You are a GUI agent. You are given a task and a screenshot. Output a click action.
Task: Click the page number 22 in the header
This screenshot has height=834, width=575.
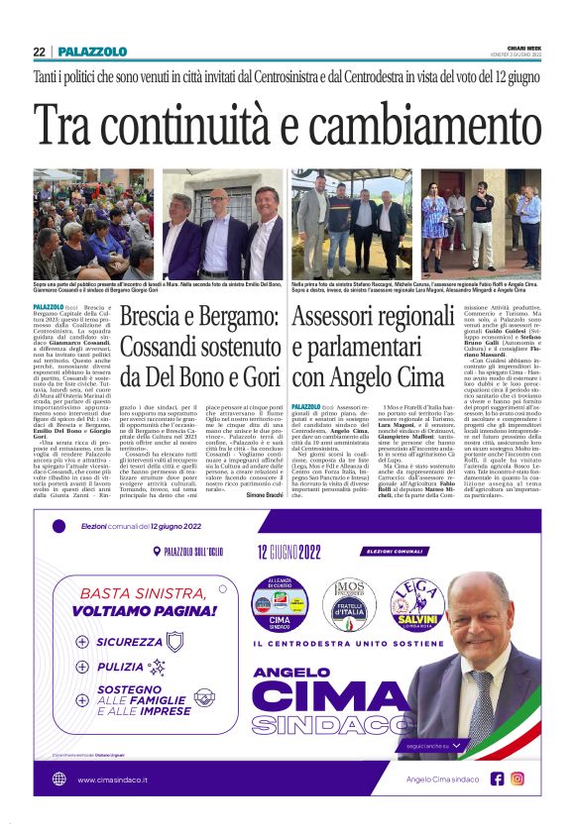pyautogui.click(x=39, y=52)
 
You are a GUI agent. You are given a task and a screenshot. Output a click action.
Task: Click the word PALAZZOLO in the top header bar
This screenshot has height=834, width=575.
pyautogui.click(x=92, y=52)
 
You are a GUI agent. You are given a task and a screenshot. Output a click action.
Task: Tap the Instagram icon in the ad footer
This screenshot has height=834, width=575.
pyautogui.click(x=517, y=779)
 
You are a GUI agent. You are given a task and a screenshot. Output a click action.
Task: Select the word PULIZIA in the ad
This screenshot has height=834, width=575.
pyautogui.click(x=120, y=668)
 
